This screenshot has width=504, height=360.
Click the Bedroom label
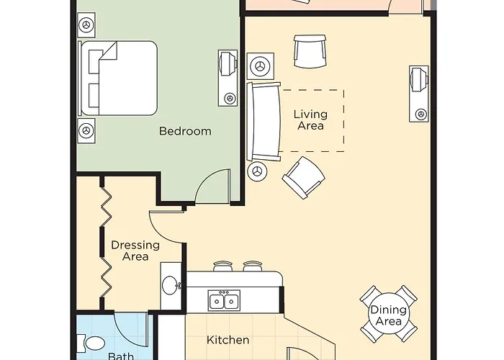185,131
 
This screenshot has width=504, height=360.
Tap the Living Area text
310,120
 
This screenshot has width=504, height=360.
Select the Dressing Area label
130,251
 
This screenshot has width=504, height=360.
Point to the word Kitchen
228,340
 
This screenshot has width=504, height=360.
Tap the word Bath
120,355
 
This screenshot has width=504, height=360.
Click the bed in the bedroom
119,78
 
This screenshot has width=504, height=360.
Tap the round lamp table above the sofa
259,66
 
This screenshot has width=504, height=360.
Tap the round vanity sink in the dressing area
171,285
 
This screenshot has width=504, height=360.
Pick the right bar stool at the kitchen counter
251,266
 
